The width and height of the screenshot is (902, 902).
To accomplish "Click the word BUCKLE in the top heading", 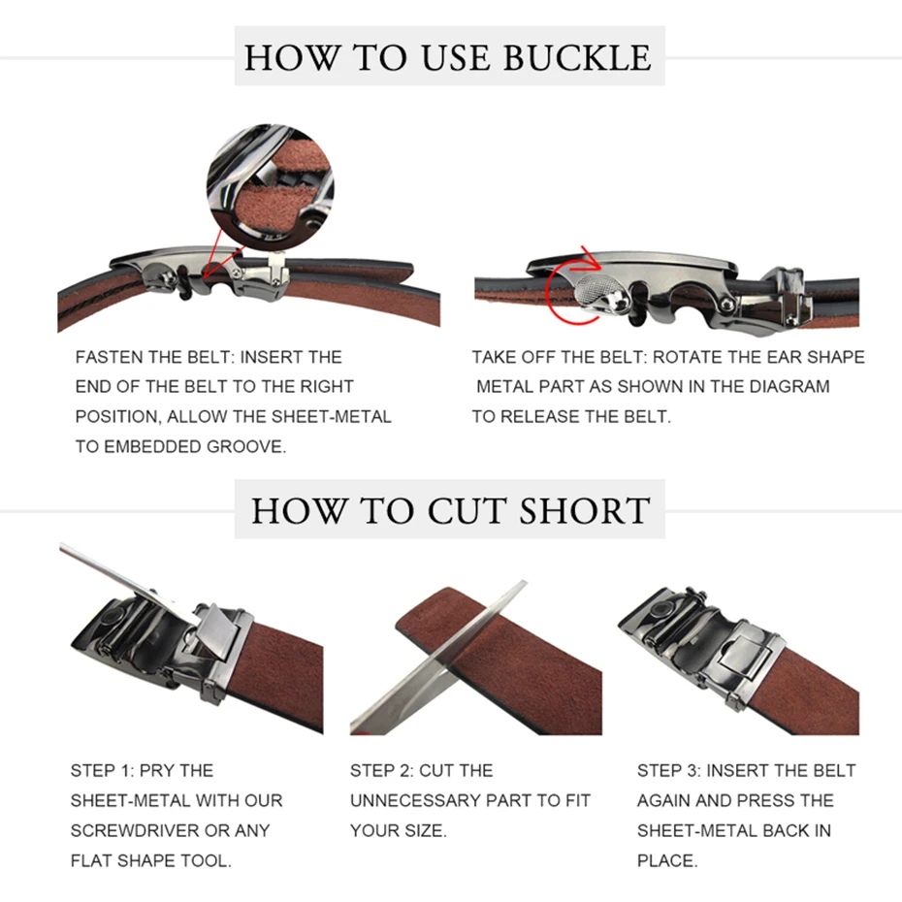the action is [x=577, y=57].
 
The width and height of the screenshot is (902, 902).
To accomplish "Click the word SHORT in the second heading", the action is [x=585, y=510].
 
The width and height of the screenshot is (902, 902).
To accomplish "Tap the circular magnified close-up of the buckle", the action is [x=271, y=186].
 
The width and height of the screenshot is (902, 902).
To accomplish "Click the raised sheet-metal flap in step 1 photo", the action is [x=217, y=629].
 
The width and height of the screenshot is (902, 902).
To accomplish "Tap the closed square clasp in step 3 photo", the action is [x=744, y=656].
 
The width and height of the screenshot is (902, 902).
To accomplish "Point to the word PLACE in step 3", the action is [x=666, y=860].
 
